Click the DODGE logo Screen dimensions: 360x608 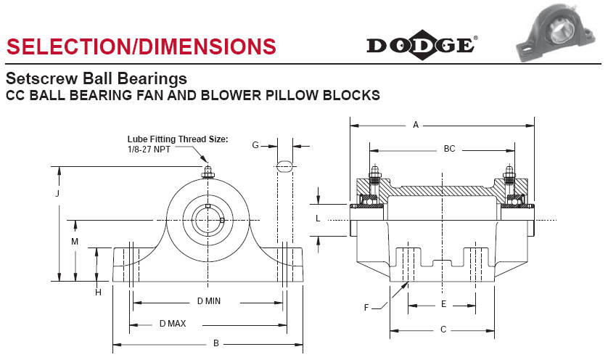(422, 45)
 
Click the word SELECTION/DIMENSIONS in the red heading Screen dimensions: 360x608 (141, 46)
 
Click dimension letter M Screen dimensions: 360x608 (75, 241)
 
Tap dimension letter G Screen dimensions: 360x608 (255, 145)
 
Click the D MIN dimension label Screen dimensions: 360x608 (209, 301)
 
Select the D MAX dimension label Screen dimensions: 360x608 (172, 323)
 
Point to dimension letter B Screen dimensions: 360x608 (215, 343)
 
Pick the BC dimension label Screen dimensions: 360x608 (449, 149)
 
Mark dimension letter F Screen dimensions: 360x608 (367, 307)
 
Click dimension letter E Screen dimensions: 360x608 (443, 304)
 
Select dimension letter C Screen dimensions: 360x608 (443, 330)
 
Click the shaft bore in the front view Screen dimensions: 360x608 (208, 219)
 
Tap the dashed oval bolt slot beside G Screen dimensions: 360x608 (284, 166)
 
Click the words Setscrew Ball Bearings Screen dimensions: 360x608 (96, 78)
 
